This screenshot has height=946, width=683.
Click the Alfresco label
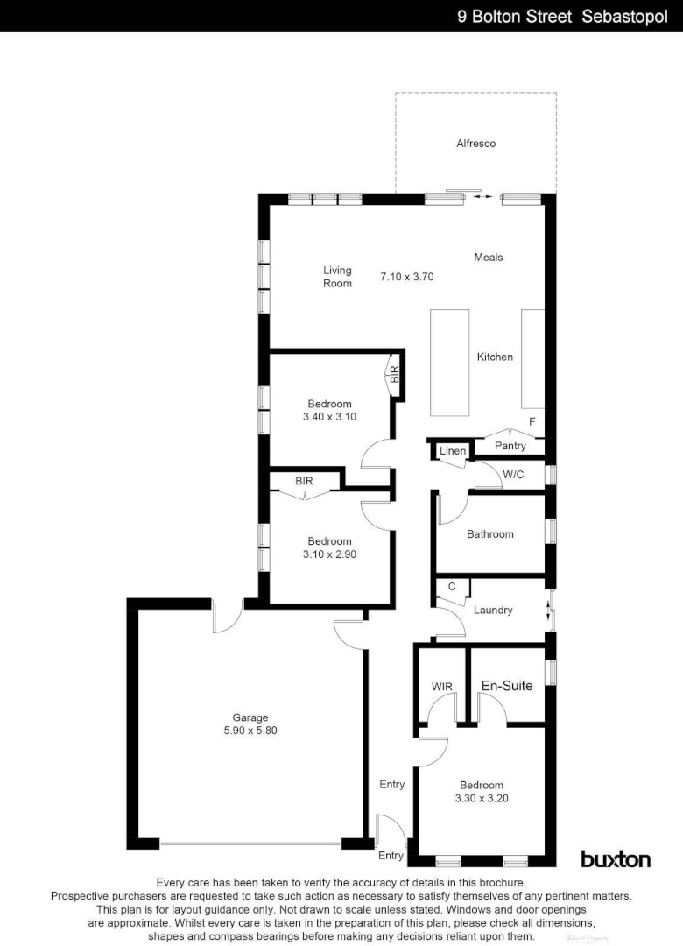(x=476, y=143)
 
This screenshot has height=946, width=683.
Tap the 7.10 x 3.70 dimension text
(x=407, y=277)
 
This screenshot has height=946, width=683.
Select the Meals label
(x=489, y=257)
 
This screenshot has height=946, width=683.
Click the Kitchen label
(x=495, y=357)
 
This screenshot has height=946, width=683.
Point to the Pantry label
(x=510, y=446)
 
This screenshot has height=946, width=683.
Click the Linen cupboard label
(x=453, y=451)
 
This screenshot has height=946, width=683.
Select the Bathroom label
(x=490, y=533)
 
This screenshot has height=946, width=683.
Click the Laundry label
(x=493, y=610)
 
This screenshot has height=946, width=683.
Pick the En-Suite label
(x=507, y=686)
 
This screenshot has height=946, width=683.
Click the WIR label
(x=441, y=687)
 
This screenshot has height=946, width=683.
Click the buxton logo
(x=616, y=858)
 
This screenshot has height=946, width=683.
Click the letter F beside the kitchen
(x=532, y=421)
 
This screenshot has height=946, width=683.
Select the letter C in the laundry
(x=452, y=587)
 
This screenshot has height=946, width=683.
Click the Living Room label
(x=337, y=277)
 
